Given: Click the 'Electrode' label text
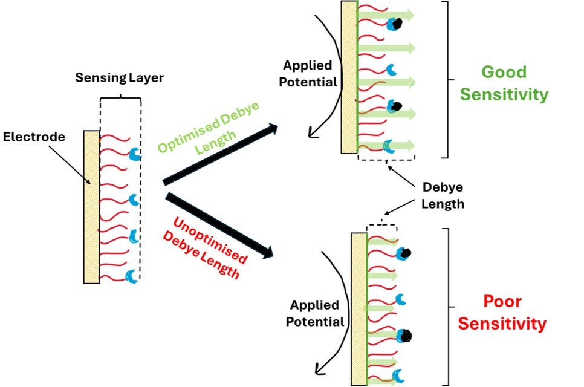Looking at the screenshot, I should click(x=34, y=137).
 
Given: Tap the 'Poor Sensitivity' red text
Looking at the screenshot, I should click(x=501, y=312).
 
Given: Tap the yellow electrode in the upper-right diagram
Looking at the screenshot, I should click(x=349, y=77).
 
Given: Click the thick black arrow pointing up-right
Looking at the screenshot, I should click(x=220, y=154).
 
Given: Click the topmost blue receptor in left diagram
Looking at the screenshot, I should click(x=135, y=155).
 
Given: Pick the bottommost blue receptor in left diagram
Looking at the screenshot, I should click(x=131, y=276).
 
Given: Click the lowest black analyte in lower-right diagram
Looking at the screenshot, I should click(x=407, y=334).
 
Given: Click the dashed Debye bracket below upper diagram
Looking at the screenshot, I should click(x=386, y=156).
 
